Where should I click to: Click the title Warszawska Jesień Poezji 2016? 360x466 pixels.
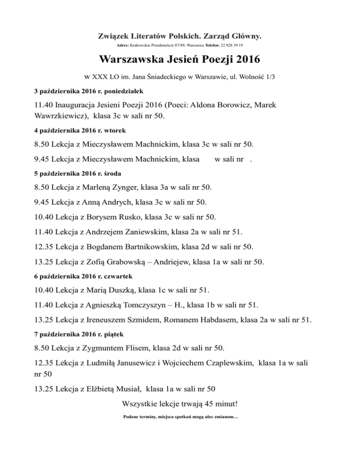(x=180, y=61)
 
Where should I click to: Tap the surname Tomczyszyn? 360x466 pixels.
(x=159, y=305)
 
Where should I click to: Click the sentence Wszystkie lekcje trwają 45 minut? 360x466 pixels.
(x=180, y=404)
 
